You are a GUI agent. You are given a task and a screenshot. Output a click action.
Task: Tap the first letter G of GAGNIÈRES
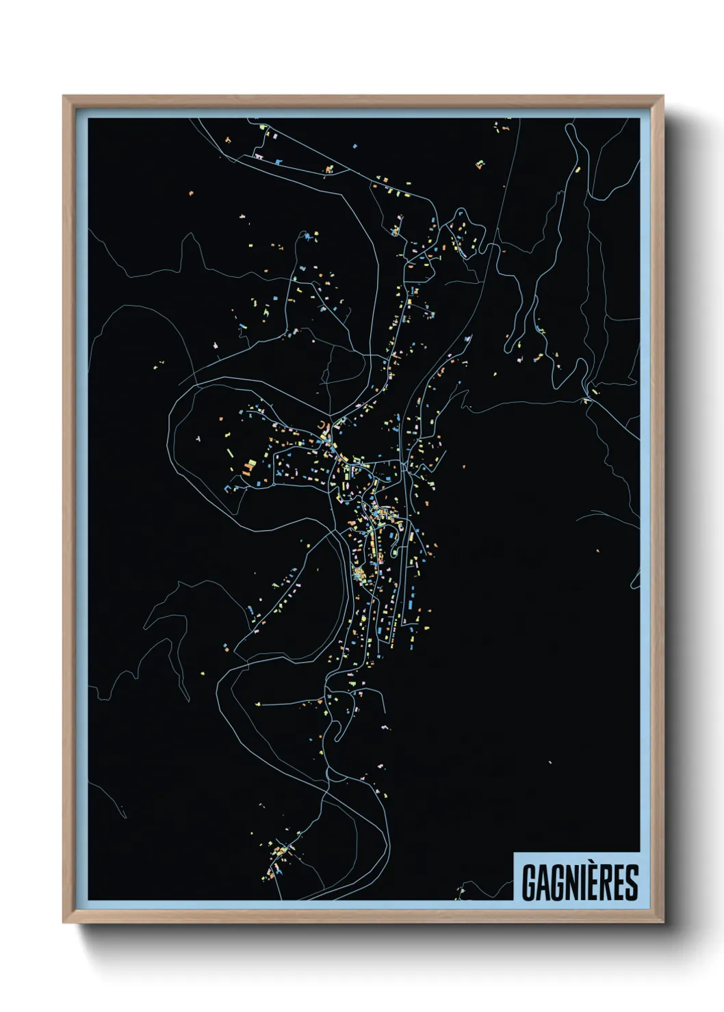point(529,882)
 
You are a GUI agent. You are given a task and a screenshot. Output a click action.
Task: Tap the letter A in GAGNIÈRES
point(543,882)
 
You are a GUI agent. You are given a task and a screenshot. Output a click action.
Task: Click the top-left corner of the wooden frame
point(64,97)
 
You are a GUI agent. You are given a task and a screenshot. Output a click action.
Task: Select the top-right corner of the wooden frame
point(662,97)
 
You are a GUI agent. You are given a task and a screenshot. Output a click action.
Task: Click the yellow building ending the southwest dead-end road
point(259,703)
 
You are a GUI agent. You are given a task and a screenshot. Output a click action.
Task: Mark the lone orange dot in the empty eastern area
point(597,550)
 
